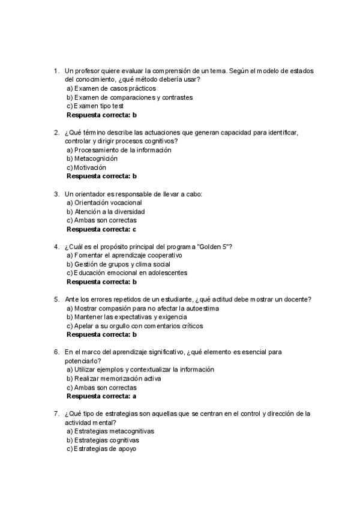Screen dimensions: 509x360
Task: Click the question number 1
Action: [x=56, y=71]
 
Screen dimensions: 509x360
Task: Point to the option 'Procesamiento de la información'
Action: [x=118, y=150]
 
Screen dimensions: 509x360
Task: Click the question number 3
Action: [x=56, y=194]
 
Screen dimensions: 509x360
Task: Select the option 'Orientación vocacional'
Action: [x=104, y=203]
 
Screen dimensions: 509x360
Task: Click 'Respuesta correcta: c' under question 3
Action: [x=101, y=229]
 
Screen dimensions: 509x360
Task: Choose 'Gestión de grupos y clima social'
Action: [x=118, y=264]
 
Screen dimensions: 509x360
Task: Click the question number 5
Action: [x=56, y=300]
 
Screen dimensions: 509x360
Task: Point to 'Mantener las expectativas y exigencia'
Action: [x=127, y=317]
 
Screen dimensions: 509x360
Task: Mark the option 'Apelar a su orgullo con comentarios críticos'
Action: [x=134, y=326]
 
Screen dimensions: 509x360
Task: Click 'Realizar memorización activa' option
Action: [x=114, y=379]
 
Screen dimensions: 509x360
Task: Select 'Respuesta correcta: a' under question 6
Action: [x=101, y=396]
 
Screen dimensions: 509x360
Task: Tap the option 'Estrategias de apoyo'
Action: [x=101, y=449]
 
